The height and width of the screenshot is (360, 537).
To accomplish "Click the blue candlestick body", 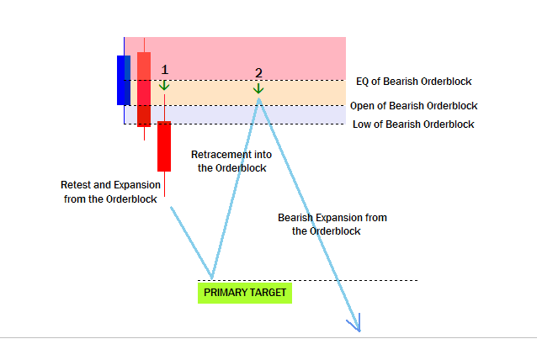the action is tap(124, 80).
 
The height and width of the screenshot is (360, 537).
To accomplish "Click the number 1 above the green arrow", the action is tap(165, 70).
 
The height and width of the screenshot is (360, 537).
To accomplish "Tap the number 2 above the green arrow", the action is tap(258, 73).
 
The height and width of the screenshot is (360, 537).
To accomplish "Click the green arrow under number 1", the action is tap(164, 85).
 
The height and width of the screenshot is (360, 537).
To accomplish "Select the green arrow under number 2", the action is tap(258, 88).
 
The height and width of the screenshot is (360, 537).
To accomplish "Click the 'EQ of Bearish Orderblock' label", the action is tap(414, 82).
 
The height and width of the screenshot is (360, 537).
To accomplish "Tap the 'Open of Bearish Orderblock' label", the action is tap(414, 106).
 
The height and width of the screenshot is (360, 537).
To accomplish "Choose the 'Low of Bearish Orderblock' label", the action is tap(413, 124).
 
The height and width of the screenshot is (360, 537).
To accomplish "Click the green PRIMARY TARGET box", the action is tap(245, 293).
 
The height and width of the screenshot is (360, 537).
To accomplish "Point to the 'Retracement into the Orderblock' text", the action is tap(231, 161).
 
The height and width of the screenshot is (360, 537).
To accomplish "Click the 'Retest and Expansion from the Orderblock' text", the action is tap(110, 192).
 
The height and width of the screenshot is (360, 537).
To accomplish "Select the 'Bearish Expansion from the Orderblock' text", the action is tap(332, 224).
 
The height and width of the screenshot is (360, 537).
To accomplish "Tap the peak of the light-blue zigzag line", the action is tap(259, 99).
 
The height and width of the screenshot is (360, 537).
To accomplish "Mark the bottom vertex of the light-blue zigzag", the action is tap(212, 278).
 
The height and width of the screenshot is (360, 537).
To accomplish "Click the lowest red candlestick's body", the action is tap(164, 146).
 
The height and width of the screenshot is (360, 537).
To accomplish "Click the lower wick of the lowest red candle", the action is tap(164, 184).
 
